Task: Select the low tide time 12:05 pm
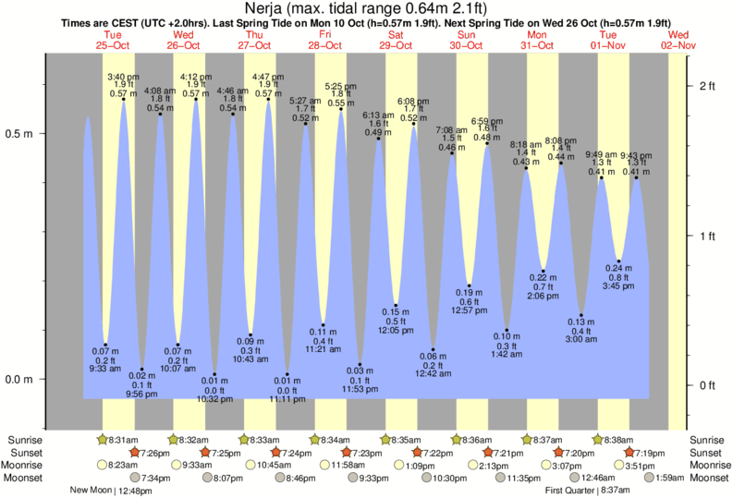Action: tap(396, 330)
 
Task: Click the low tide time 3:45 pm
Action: tap(619, 286)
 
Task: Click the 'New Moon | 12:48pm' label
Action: tap(115, 491)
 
